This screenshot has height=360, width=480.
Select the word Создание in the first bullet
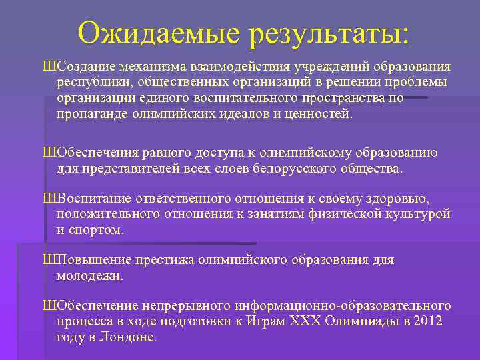point(86,67)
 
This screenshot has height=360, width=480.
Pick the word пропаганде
point(92,113)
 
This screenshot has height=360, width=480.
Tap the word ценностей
point(320,113)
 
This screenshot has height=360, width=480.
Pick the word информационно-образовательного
point(343,306)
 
